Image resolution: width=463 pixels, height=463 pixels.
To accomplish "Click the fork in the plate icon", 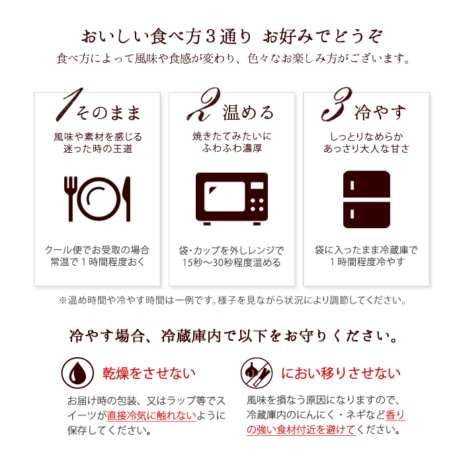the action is (71, 198).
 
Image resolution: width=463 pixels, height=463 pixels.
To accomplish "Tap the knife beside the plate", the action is (127, 198).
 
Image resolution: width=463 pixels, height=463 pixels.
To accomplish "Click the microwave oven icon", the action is (232, 198).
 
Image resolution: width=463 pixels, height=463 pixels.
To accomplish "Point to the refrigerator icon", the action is (366, 199).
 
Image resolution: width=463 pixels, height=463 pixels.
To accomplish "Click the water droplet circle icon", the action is (77, 373).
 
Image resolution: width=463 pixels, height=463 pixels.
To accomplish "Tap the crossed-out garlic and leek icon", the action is (257, 373).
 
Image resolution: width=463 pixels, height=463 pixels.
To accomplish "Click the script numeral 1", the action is (69, 105).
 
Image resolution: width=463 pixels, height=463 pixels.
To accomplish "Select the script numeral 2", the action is (204, 104).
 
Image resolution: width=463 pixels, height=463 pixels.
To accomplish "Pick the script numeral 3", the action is (337, 104).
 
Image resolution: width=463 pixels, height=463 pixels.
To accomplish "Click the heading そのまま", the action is (108, 113).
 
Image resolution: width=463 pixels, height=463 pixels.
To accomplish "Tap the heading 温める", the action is (248, 112).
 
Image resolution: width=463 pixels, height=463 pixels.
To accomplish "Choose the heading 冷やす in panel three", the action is (380, 112).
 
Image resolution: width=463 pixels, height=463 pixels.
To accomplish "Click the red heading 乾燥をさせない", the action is (149, 373).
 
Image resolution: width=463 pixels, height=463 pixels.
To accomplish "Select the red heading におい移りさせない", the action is (341, 373).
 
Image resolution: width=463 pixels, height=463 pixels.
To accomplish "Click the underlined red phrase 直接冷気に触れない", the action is (151, 416).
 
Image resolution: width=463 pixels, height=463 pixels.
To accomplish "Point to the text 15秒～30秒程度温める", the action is (232, 263).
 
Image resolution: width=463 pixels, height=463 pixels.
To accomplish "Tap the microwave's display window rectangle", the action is (257, 185).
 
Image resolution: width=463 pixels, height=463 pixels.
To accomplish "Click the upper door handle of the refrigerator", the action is (352, 185).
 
